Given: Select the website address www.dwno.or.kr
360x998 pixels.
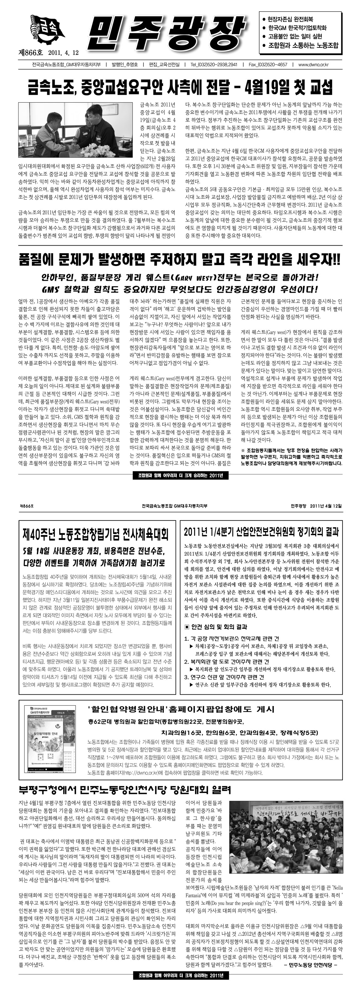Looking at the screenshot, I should (x=313, y=65).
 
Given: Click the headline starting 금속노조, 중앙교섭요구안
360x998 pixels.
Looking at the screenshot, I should (x=180, y=88).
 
